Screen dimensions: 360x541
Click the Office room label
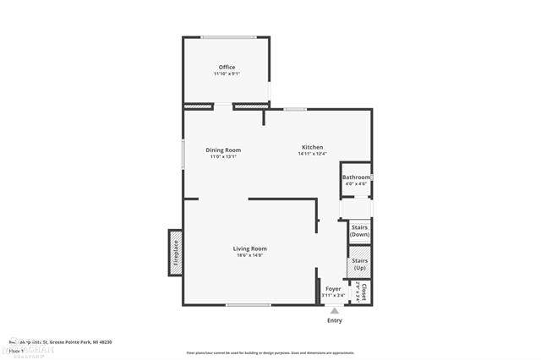(227, 67)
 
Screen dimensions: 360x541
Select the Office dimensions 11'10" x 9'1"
(227, 74)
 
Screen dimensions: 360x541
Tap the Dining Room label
(223, 150)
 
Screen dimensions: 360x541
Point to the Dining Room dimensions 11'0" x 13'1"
(223, 156)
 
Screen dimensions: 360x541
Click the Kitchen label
(313, 147)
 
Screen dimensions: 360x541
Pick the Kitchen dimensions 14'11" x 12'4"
(313, 154)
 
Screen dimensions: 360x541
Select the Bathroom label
(356, 177)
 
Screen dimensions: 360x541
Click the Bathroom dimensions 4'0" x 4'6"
(356, 183)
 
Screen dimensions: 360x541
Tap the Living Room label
(250, 248)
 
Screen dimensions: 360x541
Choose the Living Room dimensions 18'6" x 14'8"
(250, 255)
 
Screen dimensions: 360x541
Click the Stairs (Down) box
(360, 232)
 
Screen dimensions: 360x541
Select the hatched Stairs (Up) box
(360, 263)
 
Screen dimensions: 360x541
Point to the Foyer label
(333, 289)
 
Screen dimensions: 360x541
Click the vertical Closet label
(363, 292)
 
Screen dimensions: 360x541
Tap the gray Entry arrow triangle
(335, 310)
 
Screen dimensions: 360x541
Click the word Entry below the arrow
(335, 320)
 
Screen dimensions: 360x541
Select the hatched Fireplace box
(176, 252)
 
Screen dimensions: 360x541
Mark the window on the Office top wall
(228, 36)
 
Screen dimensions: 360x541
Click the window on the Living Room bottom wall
(249, 305)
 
